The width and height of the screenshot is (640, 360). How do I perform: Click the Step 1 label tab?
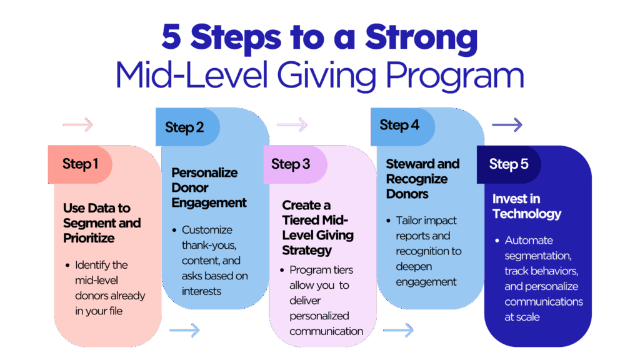coord(80,164)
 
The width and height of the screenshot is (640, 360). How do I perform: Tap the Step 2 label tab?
coord(187,127)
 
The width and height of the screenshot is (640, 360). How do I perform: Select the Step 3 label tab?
coord(295,164)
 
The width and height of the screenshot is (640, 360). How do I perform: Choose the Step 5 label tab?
coord(509,164)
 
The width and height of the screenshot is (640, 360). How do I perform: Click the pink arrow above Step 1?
coord(78,124)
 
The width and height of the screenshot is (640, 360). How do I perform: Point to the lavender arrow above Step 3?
coord(292,124)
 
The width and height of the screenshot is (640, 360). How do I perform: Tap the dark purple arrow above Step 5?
coord(507,124)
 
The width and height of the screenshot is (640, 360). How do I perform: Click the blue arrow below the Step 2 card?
coord(184,330)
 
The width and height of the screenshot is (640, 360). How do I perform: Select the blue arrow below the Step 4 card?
coord(398,330)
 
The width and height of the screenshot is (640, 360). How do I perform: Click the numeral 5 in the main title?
coord(171,37)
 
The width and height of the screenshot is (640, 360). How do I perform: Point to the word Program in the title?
coord(455,76)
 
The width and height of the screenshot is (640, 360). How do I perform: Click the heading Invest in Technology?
coord(526,206)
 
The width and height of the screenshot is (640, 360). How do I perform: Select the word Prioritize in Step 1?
coord(89,238)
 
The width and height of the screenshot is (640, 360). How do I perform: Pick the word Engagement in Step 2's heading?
coord(209,203)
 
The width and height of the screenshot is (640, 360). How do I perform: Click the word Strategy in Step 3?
coord(307,251)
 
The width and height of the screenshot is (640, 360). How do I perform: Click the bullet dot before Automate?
coord(497,241)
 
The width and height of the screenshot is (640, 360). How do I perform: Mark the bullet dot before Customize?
coord(174,231)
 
